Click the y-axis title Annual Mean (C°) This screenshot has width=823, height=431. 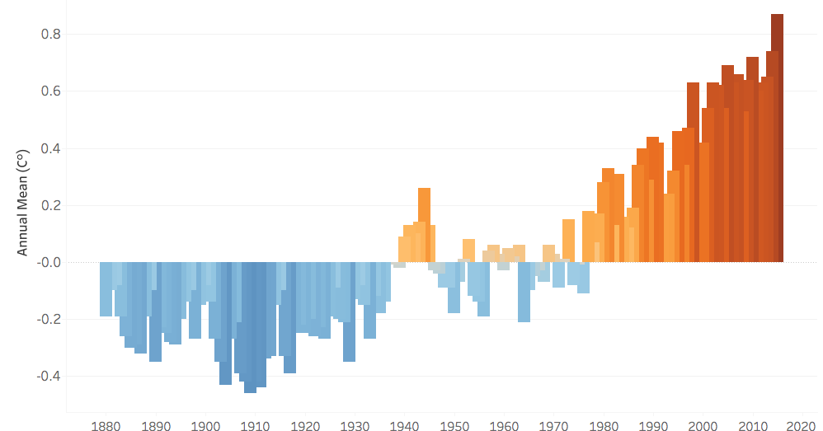[x=24, y=201]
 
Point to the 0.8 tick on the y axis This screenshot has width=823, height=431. [x=51, y=35]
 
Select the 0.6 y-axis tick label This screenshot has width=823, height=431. [x=51, y=91]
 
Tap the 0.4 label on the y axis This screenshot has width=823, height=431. [x=51, y=148]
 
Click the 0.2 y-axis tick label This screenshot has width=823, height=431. [x=51, y=205]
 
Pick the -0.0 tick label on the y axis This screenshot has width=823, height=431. [x=49, y=262]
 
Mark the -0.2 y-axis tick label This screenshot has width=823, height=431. [x=49, y=319]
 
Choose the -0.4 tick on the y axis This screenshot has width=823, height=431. [x=49, y=376]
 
